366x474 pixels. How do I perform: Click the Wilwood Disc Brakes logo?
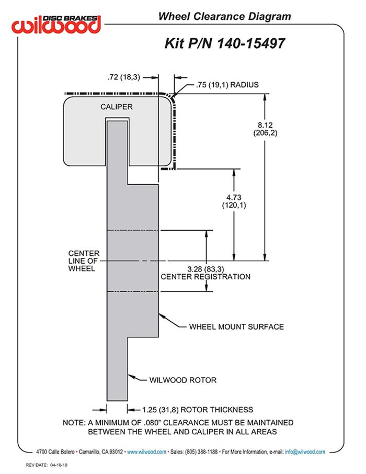coord(58,24)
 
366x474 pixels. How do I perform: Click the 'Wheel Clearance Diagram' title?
coord(224,16)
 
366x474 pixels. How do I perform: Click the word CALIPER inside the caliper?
coord(116,107)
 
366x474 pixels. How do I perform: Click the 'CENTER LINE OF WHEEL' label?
coord(84,261)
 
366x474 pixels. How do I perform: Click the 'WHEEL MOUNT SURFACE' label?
coord(236,326)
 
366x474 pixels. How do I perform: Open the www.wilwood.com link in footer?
coord(146,452)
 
